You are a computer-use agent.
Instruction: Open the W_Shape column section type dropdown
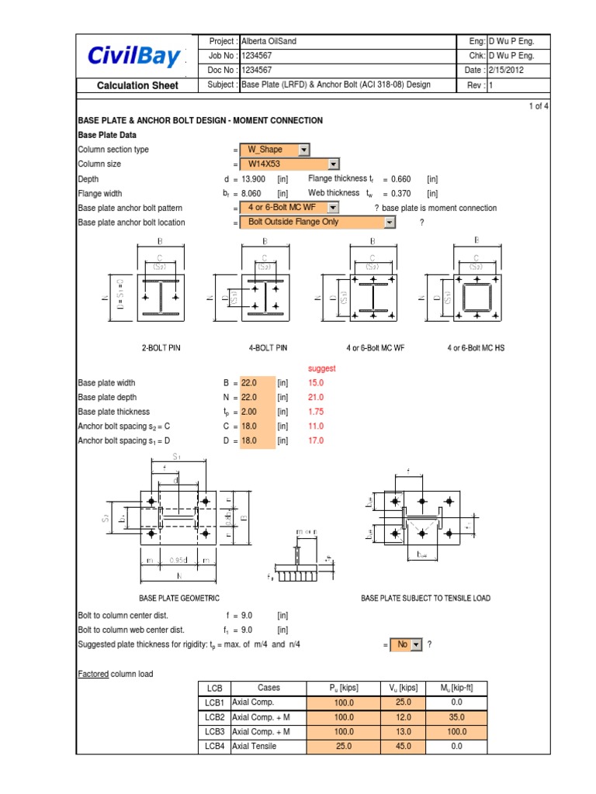[275, 150]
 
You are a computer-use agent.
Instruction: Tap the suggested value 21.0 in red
[316, 397]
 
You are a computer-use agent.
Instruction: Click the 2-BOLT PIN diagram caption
[161, 348]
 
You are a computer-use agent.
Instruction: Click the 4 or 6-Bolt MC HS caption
[476, 348]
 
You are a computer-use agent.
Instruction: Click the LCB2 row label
[214, 717]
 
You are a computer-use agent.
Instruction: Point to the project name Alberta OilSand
[272, 41]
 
